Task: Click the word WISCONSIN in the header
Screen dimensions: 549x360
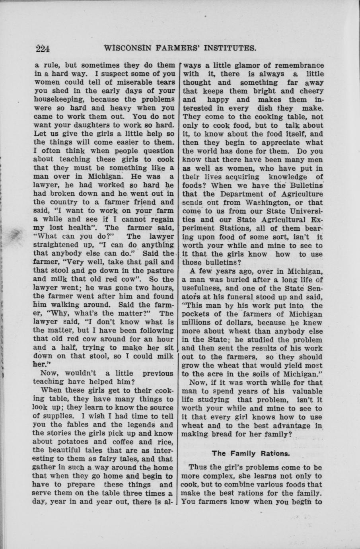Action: (x=127, y=49)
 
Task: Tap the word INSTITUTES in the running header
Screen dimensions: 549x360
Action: (x=228, y=49)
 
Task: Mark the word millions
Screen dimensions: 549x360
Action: (x=198, y=323)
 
